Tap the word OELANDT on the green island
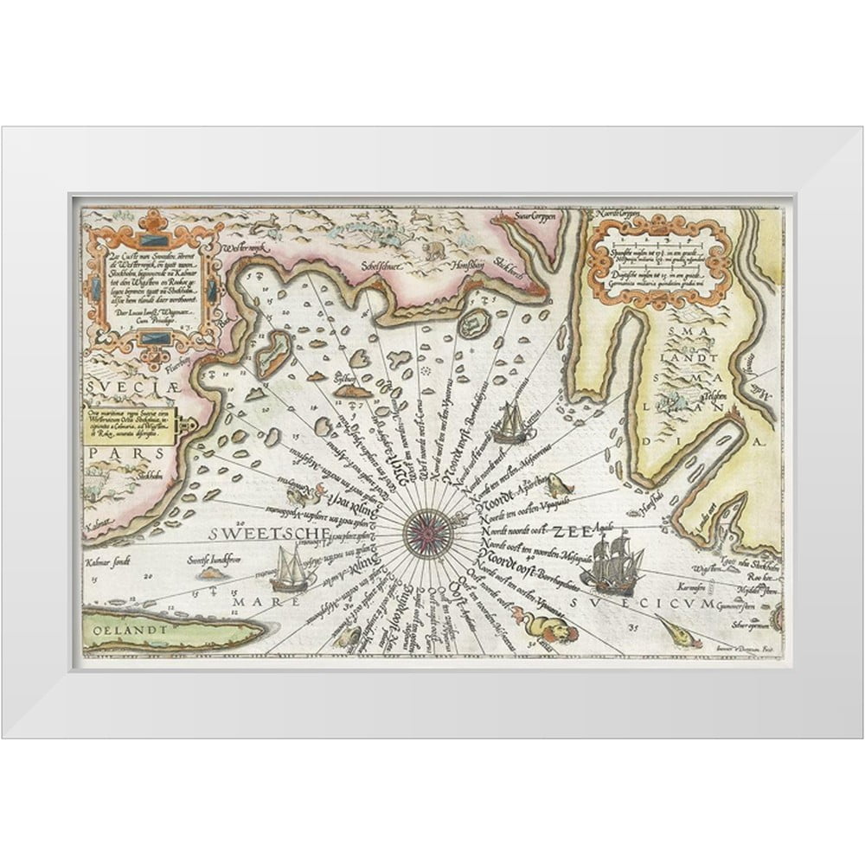pos(136,629)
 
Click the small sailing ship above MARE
pos(292,570)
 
